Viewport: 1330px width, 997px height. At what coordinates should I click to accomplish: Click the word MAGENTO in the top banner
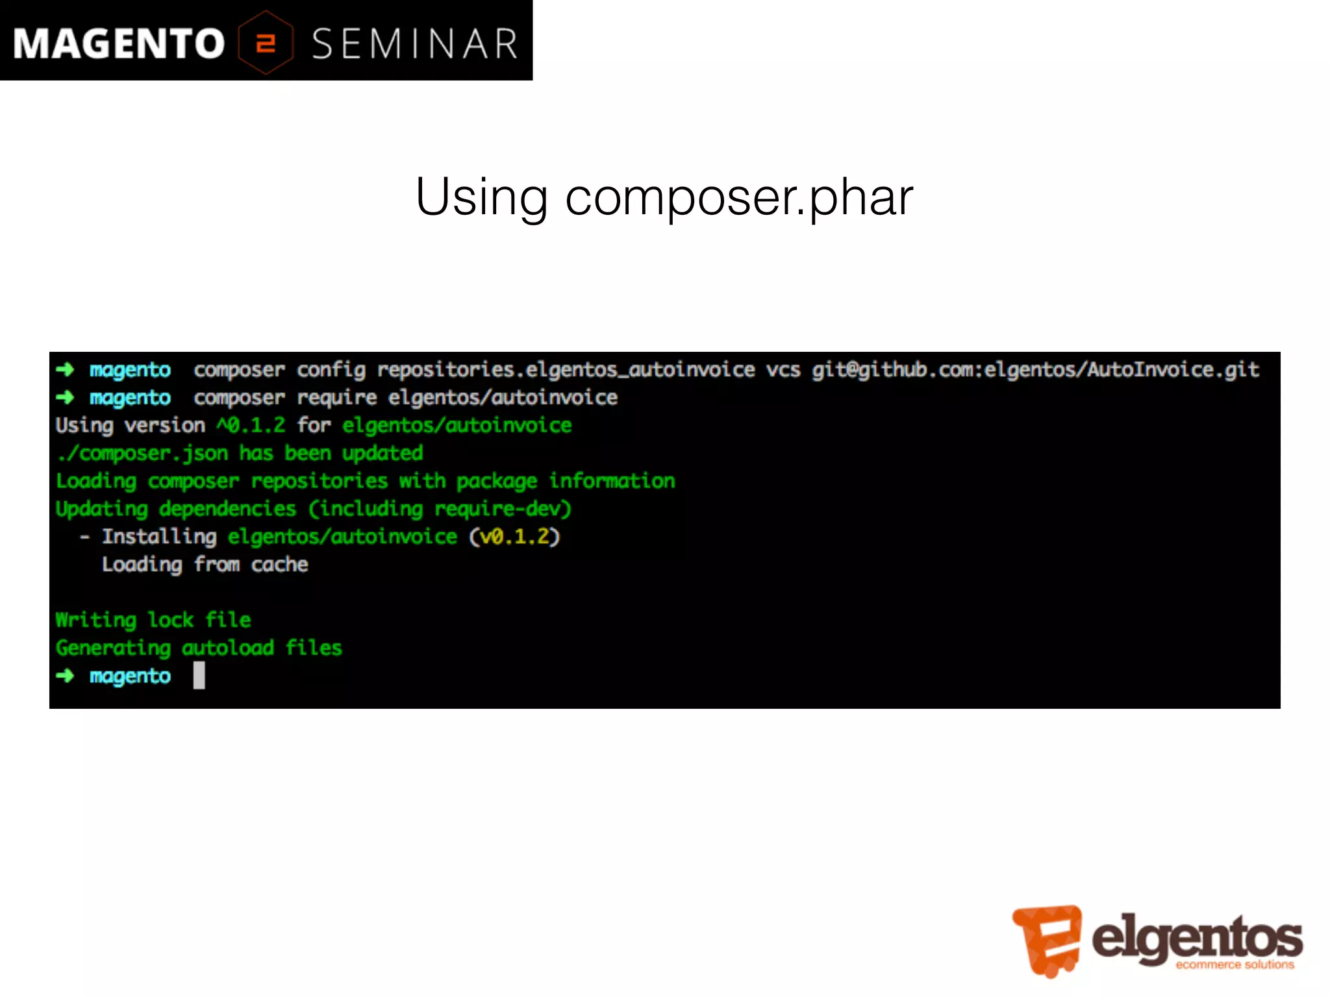[x=119, y=43]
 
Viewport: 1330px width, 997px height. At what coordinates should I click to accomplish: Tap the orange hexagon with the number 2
[x=266, y=43]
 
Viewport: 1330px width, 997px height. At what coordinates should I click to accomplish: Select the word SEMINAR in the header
[x=414, y=44]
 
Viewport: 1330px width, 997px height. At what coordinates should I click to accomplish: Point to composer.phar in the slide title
[x=739, y=198]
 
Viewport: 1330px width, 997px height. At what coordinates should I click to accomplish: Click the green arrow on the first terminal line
[x=65, y=370]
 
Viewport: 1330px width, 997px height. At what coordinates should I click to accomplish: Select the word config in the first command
[x=331, y=370]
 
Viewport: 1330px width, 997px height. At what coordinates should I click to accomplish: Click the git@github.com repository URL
[x=1035, y=370]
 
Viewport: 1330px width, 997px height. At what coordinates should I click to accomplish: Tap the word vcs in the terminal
[x=783, y=370]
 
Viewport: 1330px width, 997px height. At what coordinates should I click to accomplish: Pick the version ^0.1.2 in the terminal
[x=251, y=425]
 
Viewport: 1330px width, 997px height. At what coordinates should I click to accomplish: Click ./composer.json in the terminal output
[x=142, y=453]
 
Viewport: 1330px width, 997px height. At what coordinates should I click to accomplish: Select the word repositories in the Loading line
[x=319, y=481]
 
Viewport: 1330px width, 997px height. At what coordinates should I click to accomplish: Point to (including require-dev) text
[x=440, y=509]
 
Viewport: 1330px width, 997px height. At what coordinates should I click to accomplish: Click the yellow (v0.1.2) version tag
[x=514, y=537]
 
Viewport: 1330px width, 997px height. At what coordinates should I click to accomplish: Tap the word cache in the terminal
[x=279, y=565]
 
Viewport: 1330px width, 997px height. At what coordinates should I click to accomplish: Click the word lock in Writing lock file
[x=170, y=620]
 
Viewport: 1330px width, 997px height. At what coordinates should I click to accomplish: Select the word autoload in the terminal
[x=227, y=648]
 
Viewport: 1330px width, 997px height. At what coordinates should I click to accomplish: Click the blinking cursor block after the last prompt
[x=199, y=676]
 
